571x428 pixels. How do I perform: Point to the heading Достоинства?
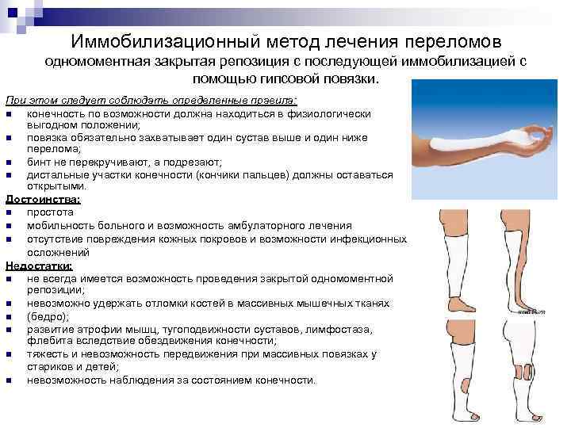point(39,199)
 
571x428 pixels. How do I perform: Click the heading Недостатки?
point(38,266)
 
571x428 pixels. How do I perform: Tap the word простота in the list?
point(50,212)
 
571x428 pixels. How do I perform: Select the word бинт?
point(39,161)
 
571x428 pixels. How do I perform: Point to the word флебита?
point(48,342)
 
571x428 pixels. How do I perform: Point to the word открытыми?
point(56,186)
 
